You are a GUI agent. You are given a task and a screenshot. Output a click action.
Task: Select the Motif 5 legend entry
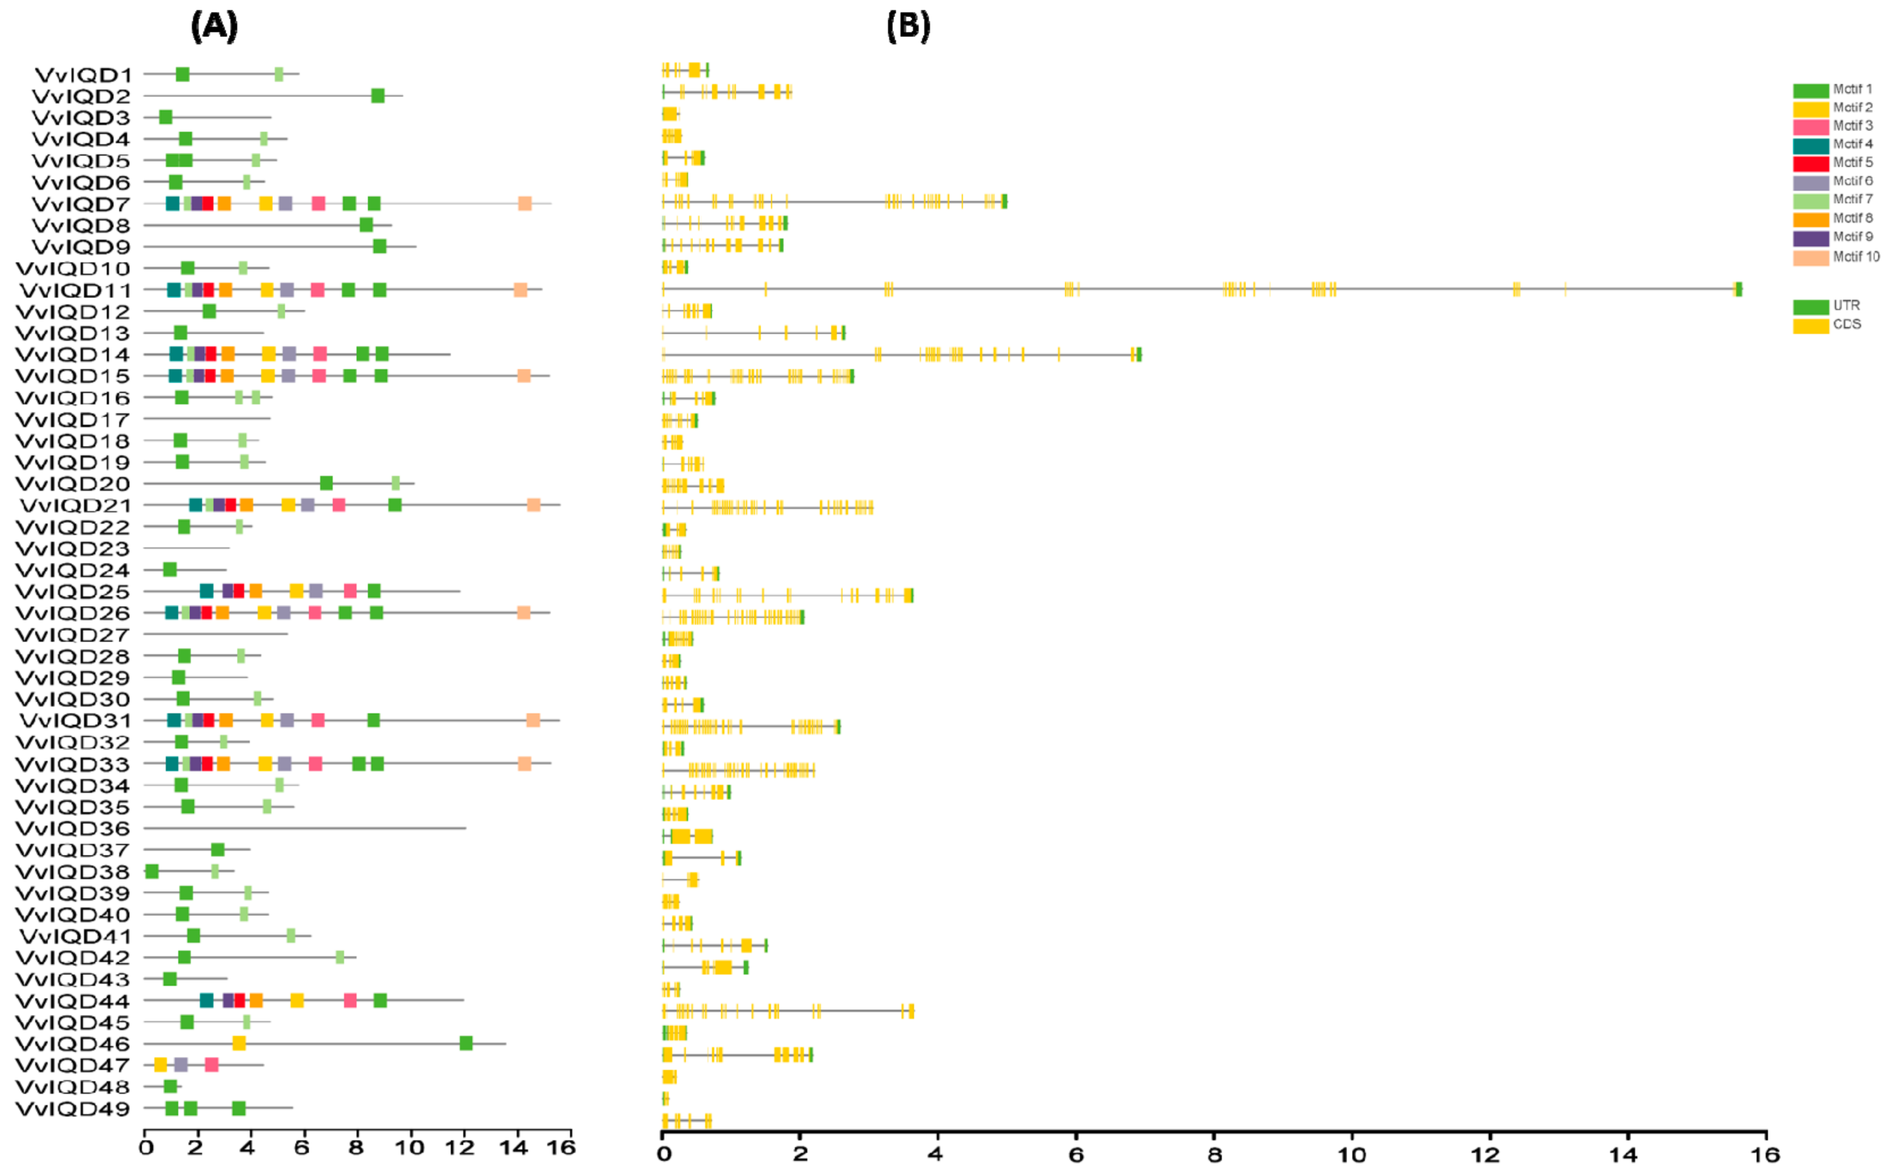click(x=1832, y=162)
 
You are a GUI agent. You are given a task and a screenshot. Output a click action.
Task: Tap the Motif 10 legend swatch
click(x=1811, y=258)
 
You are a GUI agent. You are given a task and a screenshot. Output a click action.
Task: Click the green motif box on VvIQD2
click(x=378, y=96)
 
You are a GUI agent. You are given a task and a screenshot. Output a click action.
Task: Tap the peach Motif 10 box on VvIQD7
click(x=525, y=204)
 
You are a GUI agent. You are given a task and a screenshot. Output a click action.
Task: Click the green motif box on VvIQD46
click(x=466, y=1043)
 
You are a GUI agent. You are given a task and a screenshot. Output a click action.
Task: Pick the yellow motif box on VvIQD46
click(x=239, y=1043)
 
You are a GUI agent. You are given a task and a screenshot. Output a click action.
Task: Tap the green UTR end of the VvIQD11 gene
click(x=1739, y=290)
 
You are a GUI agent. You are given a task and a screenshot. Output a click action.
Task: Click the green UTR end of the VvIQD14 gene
click(x=1139, y=355)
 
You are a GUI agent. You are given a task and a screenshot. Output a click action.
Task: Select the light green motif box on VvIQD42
click(x=340, y=957)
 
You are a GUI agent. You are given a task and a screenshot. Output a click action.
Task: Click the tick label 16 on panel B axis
click(x=1766, y=1155)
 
